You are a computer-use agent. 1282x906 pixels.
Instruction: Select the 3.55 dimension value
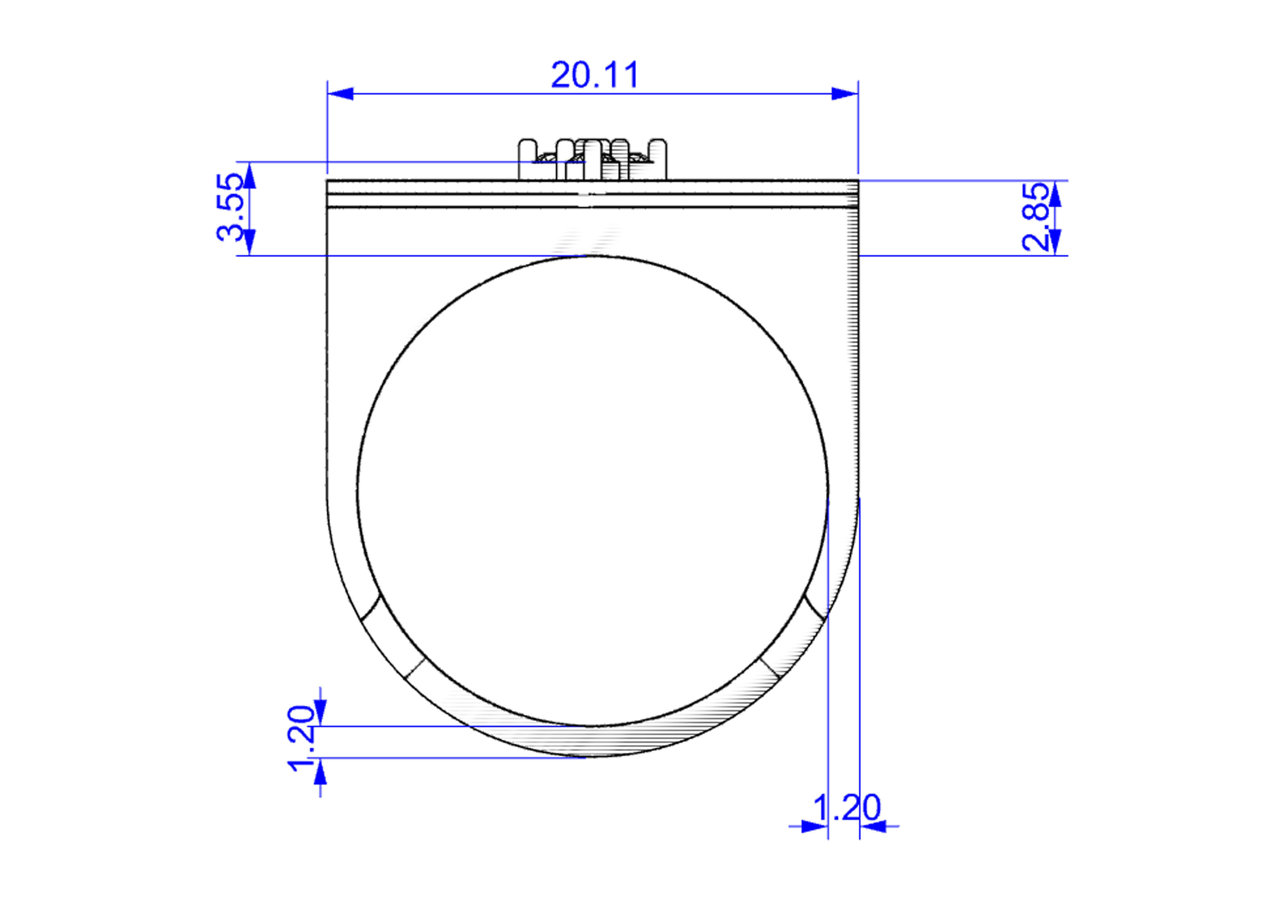tap(230, 207)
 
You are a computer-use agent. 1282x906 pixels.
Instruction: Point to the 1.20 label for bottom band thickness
tap(301, 739)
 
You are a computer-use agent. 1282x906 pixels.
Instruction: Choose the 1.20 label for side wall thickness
tap(846, 807)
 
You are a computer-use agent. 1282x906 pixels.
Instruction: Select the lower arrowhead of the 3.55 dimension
tap(250, 242)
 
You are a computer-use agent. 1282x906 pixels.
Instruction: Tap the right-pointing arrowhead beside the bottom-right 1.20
tap(815, 826)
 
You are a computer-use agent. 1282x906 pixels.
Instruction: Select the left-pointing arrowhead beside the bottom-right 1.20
tap(873, 826)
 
